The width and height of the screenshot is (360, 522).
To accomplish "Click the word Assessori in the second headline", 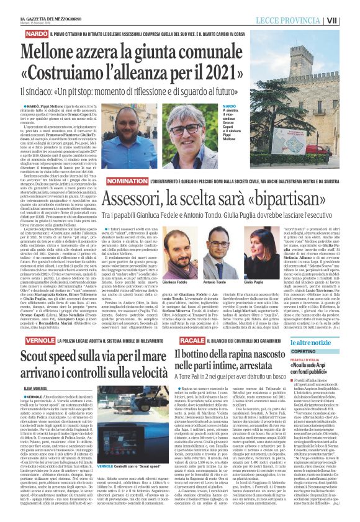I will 137,200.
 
